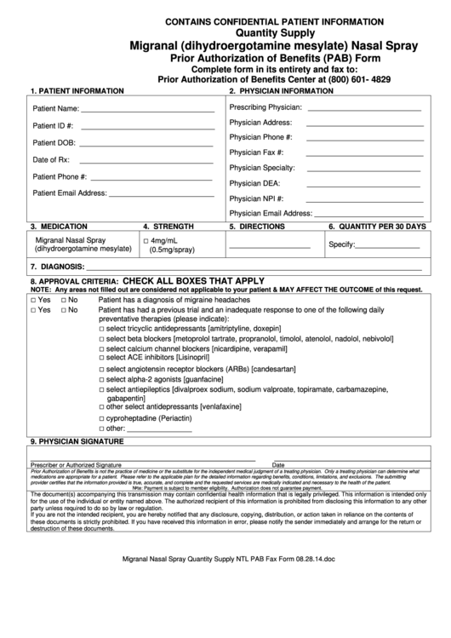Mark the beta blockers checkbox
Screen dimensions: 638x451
click(x=101, y=339)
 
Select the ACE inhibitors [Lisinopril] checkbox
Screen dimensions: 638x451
click(x=101, y=359)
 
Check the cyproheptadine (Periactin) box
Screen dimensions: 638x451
click(x=101, y=419)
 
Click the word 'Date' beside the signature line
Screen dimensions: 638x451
click(x=278, y=464)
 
